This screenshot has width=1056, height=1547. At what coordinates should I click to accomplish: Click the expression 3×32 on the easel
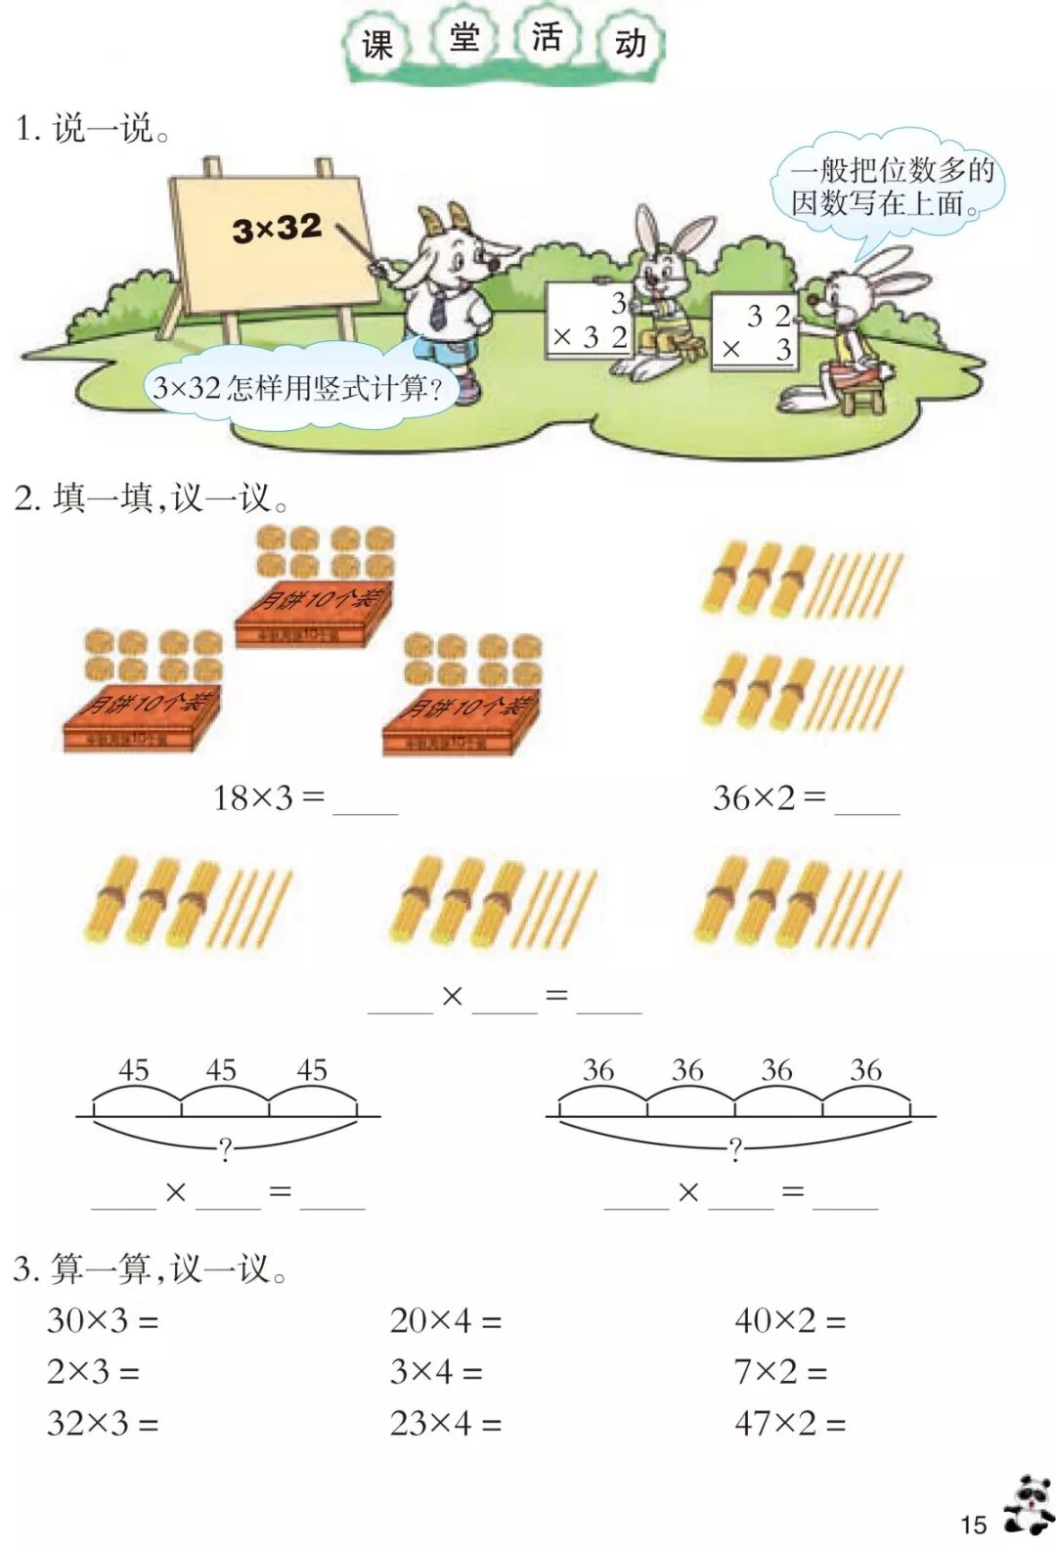pos(277,229)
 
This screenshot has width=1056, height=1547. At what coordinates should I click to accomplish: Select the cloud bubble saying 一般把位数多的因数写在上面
pos(891,187)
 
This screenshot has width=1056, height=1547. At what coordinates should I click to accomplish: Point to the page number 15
pos(973,1524)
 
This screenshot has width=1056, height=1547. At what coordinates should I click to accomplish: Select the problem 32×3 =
pos(103,1423)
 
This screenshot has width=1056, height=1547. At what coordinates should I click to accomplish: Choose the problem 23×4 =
pos(445,1423)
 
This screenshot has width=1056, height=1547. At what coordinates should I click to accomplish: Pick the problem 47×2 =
pos(790,1423)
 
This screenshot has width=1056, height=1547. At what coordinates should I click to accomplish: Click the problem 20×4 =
pos(445,1321)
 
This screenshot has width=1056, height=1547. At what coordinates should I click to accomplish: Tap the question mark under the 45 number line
pos(226,1149)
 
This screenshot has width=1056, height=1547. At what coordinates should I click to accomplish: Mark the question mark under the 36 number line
pos(735,1148)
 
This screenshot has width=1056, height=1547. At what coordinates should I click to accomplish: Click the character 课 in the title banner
pos(377,44)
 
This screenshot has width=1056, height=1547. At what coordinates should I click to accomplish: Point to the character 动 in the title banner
pos(631,44)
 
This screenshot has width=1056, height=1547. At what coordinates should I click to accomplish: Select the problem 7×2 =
pos(780,1372)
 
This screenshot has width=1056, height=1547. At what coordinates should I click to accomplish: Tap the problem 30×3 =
pos(103,1321)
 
